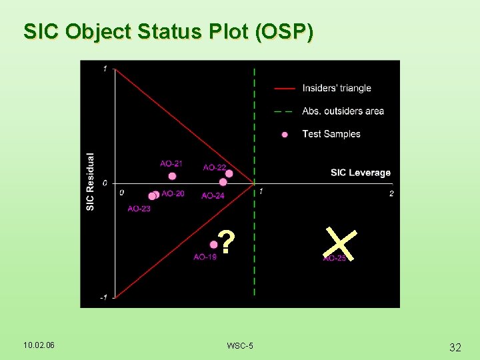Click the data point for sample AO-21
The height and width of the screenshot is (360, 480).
[x=172, y=176]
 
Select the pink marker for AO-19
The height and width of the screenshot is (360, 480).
[x=213, y=245]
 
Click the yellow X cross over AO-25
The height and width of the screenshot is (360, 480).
[x=341, y=243]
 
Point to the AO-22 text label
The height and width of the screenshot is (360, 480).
[x=214, y=167]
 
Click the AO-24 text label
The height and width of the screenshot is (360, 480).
[x=213, y=195]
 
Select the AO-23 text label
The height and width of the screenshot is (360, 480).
[x=139, y=209]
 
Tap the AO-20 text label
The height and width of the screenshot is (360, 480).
[x=173, y=193]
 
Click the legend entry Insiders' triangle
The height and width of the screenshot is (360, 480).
[x=336, y=88]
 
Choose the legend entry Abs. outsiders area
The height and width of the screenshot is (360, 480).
[x=343, y=111]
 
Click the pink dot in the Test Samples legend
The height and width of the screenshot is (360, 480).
[x=285, y=134]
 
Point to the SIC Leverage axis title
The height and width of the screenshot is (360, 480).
[x=360, y=173]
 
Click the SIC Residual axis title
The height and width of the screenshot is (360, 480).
[x=91, y=182]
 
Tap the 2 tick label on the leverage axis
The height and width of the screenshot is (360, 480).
[x=391, y=193]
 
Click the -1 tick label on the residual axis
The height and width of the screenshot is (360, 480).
[x=104, y=297]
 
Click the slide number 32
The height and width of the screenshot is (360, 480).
[x=455, y=347]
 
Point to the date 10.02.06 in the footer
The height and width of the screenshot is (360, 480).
[x=39, y=345]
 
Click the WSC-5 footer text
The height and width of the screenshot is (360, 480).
[x=240, y=345]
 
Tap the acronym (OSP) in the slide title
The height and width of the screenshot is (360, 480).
[x=283, y=31]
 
